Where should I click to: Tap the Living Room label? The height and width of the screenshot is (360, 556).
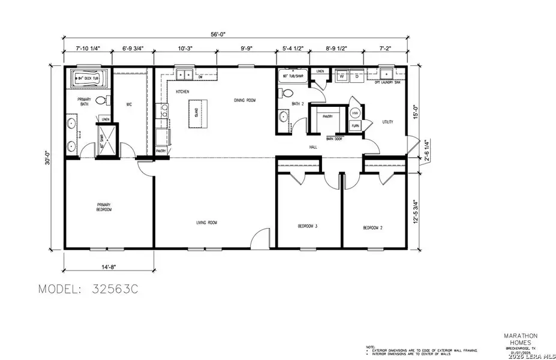point(206,223)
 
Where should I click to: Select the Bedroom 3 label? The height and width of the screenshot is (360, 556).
point(308,226)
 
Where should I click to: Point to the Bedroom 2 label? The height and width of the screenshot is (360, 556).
point(372,228)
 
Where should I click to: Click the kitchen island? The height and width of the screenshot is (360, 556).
point(196,112)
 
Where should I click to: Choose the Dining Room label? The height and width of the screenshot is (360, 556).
point(245,100)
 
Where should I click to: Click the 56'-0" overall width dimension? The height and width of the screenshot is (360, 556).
point(235,35)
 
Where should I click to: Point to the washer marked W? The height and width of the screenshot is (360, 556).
point(341,76)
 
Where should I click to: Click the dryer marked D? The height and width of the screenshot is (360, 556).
point(356,76)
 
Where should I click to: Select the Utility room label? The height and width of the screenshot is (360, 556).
point(387,122)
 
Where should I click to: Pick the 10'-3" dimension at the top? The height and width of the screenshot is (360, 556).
point(185,47)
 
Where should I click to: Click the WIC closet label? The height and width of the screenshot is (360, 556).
point(128,104)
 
